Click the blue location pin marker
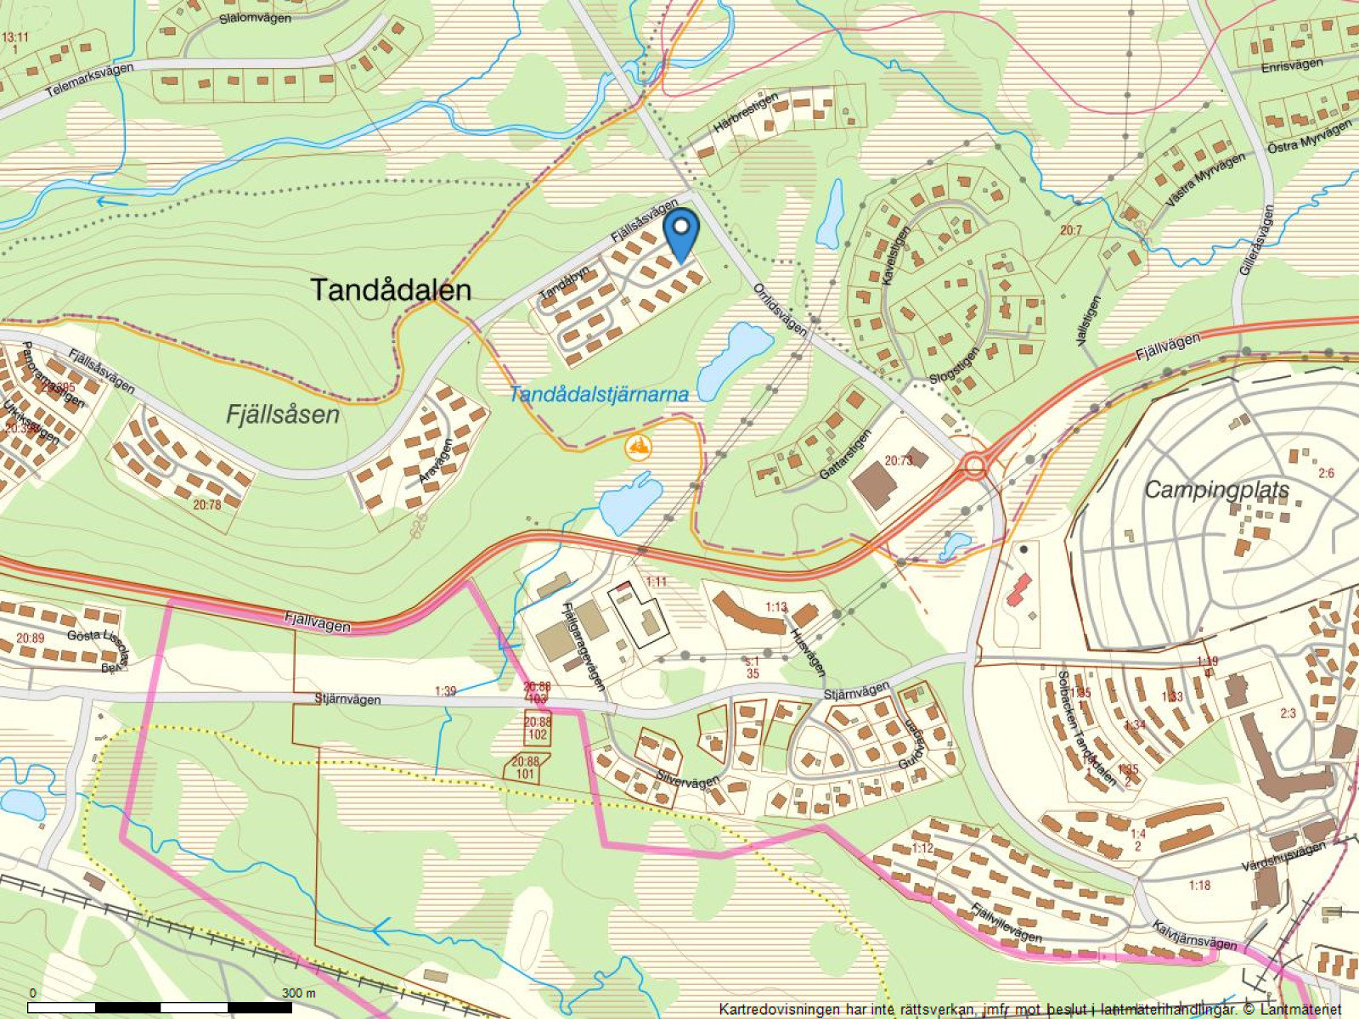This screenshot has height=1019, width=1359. (680, 234)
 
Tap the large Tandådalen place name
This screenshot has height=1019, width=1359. (391, 290)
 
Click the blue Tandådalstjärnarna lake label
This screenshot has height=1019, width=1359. (598, 394)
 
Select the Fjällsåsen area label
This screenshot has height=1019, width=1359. (283, 414)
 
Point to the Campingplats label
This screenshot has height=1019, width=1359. (1216, 489)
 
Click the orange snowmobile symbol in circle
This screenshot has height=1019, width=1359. (637, 446)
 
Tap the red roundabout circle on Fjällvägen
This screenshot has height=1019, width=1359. (974, 465)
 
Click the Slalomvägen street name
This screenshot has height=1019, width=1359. (255, 18)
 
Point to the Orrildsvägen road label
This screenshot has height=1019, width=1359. (780, 309)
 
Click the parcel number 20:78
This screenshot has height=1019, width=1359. (206, 504)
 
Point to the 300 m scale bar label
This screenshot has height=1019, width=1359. (298, 993)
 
